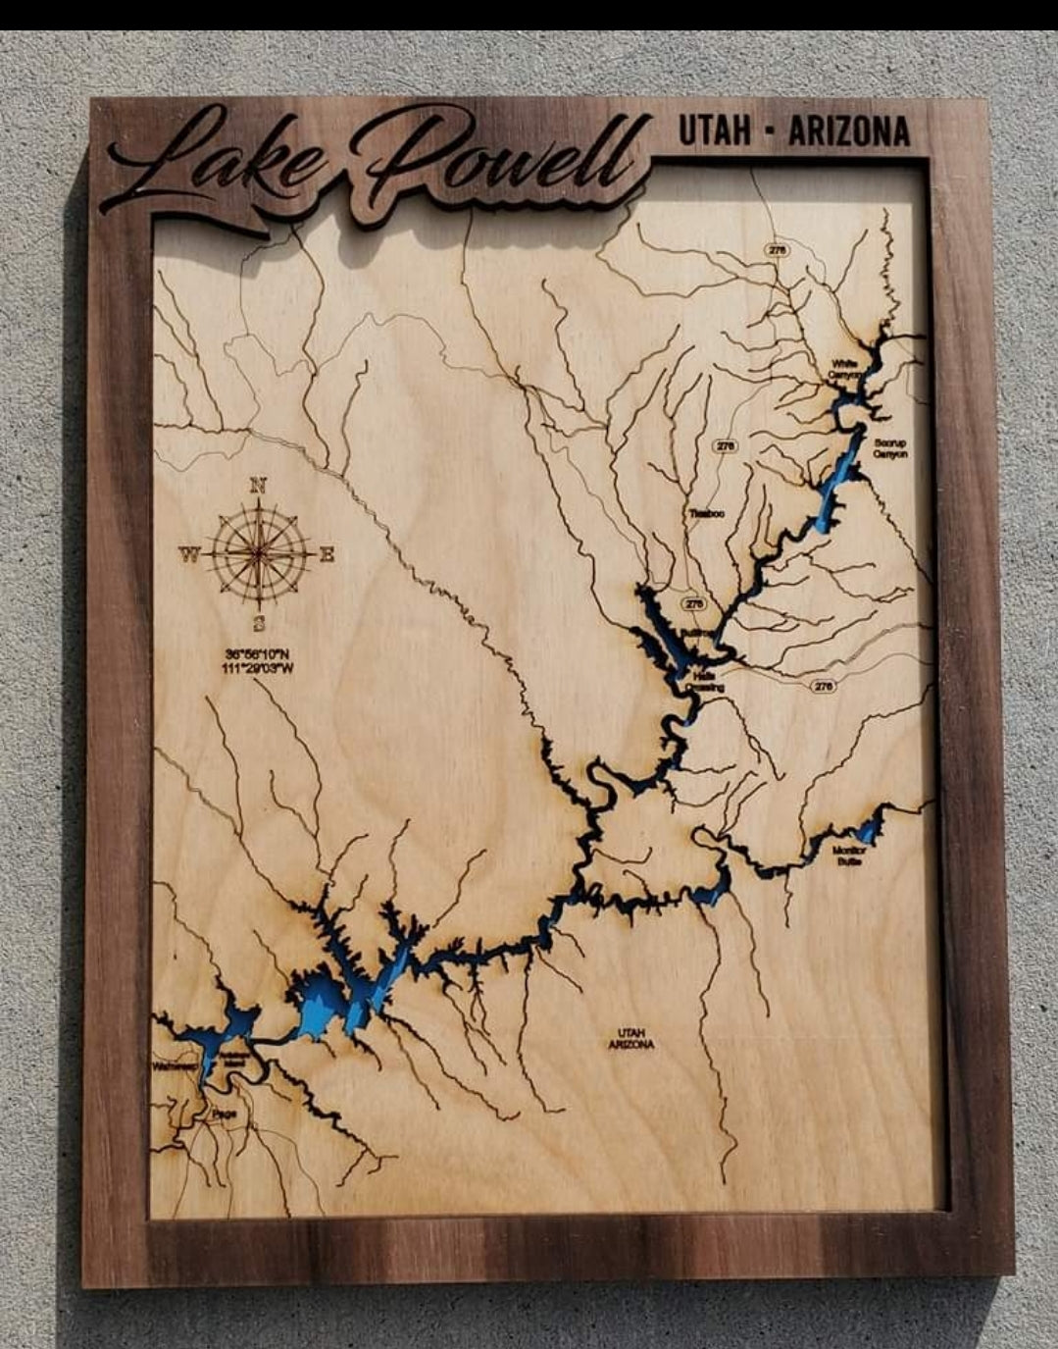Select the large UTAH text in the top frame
point(715,131)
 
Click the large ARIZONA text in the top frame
point(849,131)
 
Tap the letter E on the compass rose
point(327,554)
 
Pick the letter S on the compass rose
point(259,623)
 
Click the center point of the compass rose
point(259,554)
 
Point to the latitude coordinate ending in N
point(259,653)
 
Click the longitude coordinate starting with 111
point(259,668)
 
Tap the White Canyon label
point(844,368)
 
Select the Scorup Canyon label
point(889,449)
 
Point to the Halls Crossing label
point(706,682)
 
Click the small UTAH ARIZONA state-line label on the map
point(630,1038)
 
